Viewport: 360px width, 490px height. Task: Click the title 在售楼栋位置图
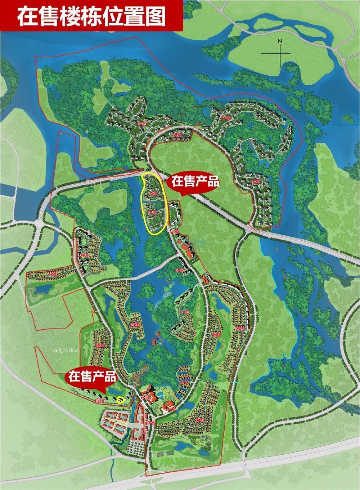click(91, 15)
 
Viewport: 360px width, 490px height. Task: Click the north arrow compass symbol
click(280, 53)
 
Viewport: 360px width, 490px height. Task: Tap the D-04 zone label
click(143, 124)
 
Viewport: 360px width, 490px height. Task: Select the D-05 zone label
click(178, 135)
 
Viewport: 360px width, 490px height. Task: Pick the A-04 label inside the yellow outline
click(153, 193)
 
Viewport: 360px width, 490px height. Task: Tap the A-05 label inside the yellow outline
click(152, 213)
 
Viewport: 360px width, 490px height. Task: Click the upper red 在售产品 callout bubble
click(194, 182)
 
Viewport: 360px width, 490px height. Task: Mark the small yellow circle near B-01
click(121, 399)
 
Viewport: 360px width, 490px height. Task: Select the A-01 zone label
click(54, 274)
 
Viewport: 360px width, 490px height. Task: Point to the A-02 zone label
click(84, 255)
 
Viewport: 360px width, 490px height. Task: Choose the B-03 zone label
click(135, 325)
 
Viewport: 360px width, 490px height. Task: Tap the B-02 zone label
click(100, 346)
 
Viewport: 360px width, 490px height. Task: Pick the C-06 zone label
click(240, 328)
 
